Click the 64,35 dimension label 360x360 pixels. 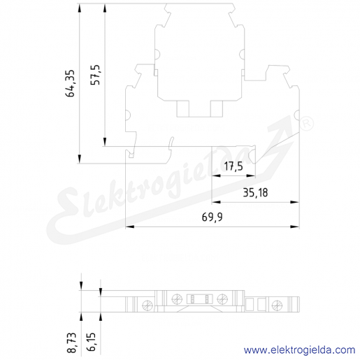[x=70, y=83]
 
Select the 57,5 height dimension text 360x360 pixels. [x=95, y=75]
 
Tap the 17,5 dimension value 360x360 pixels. [x=233, y=166]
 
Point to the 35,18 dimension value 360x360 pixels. [x=255, y=193]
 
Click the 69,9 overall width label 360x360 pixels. [x=212, y=217]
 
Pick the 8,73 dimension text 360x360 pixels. [x=72, y=343]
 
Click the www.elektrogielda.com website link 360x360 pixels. [x=299, y=350]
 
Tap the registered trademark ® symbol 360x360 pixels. [x=306, y=124]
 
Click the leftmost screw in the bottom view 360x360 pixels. [x=147, y=305]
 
